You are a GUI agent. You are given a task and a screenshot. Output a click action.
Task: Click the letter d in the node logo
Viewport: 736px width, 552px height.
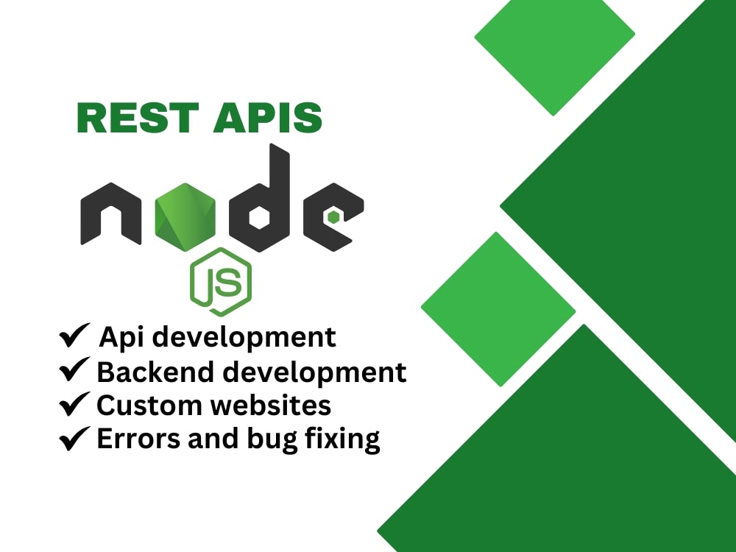pos(262,206)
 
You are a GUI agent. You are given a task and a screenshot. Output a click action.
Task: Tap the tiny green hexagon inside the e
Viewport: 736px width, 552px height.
pos(334,216)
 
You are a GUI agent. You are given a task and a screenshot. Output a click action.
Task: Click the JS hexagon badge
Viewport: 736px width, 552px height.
pos(221,281)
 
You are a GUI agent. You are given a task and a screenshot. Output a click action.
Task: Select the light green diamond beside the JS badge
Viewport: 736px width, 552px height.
pos(498,309)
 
